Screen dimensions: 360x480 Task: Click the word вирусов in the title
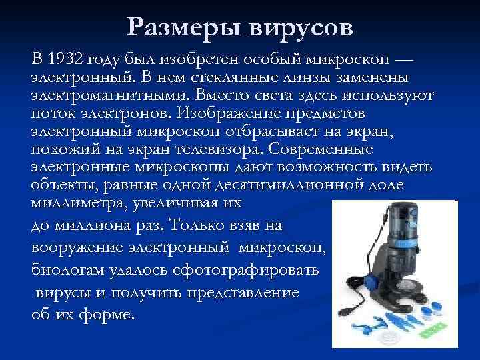click(303, 27)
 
